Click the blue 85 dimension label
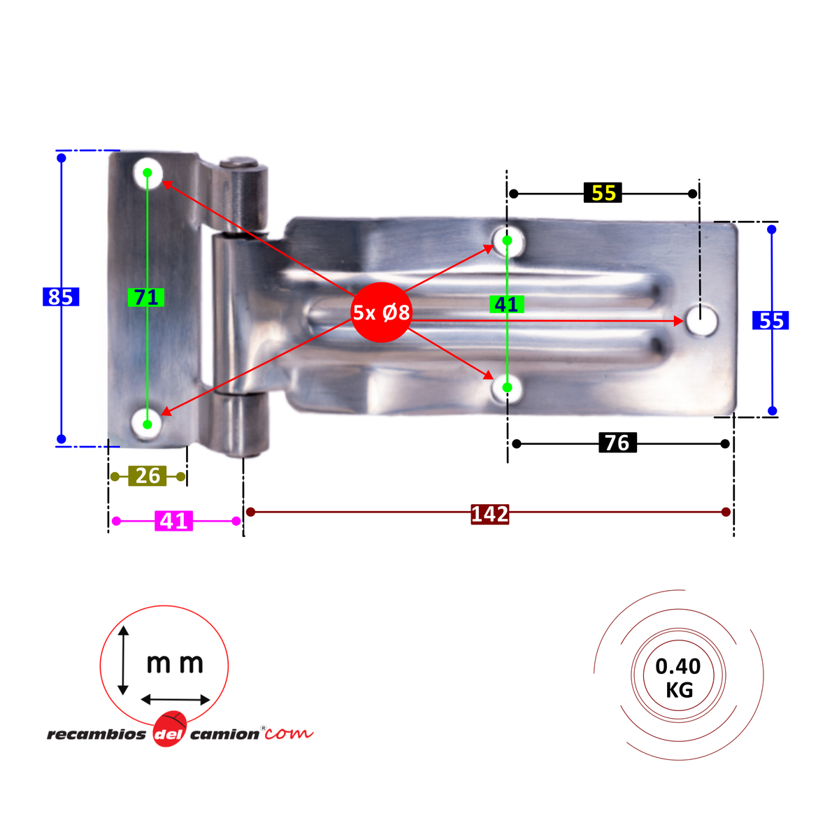(61, 297)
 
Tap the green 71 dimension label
(146, 298)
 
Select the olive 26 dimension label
(148, 476)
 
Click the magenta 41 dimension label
(173, 521)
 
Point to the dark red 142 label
(489, 514)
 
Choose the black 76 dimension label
(617, 443)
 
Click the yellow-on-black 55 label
(603, 193)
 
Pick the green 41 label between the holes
(506, 305)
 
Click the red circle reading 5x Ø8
(381, 313)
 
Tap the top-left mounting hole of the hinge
(148, 172)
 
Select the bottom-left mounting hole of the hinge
(147, 424)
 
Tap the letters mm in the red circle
(175, 663)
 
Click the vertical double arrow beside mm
(123, 660)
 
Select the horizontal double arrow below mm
(175, 699)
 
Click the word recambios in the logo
(96, 735)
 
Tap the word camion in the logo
(224, 735)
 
